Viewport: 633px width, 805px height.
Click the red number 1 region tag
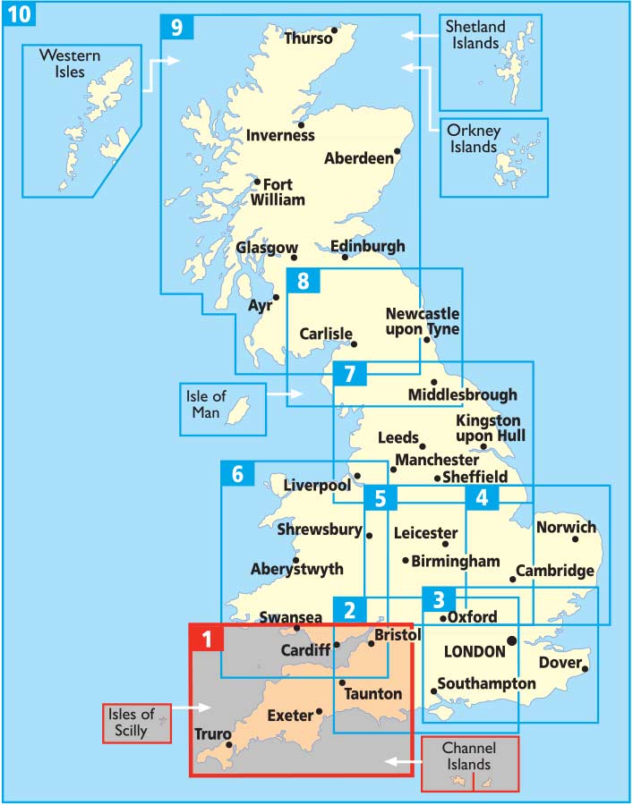point(207,640)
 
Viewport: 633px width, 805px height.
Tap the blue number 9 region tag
point(176,28)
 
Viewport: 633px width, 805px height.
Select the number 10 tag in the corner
point(18,15)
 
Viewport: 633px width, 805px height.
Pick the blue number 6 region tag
point(237,474)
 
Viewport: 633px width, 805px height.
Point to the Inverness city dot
point(302,124)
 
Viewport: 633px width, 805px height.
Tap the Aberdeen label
point(358,158)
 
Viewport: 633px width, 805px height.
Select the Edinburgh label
point(367,246)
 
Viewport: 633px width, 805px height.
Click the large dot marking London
point(511,640)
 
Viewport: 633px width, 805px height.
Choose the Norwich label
point(566,527)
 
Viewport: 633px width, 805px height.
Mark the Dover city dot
point(584,668)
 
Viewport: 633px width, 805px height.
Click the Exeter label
point(289,716)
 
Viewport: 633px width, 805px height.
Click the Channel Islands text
point(470,756)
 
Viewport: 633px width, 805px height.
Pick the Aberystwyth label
point(296,569)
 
